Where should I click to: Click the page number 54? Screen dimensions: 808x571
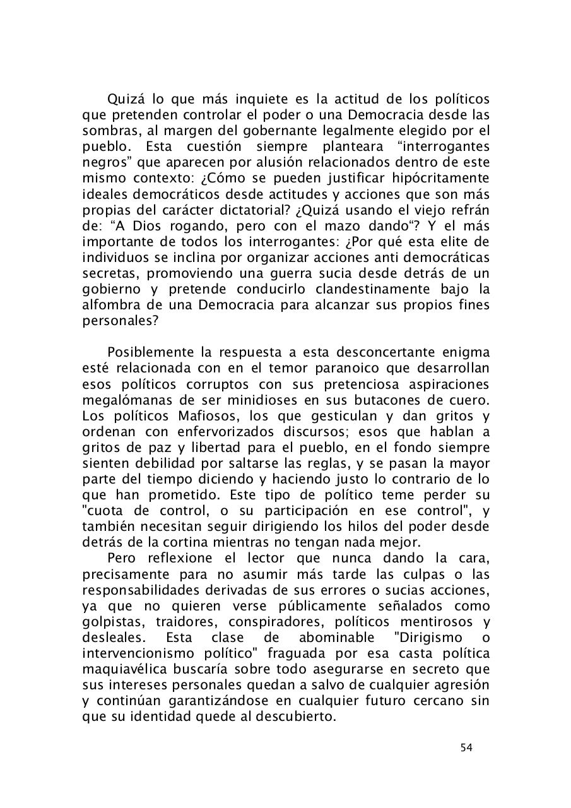pos(466,747)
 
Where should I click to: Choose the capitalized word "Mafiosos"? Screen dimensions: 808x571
pos(205,416)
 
